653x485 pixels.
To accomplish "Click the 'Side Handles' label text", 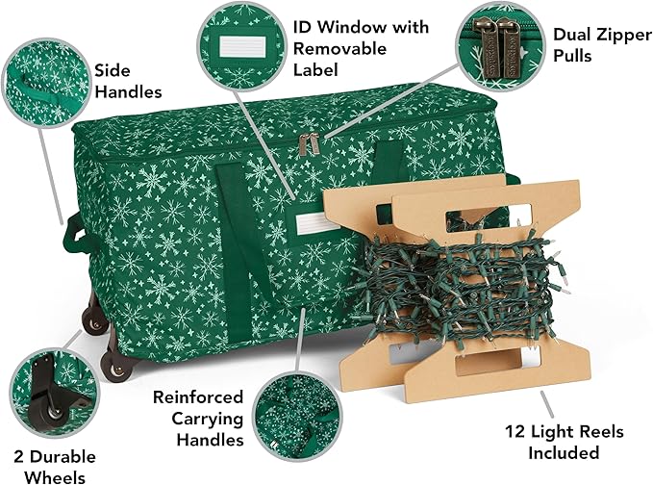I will point(128,80).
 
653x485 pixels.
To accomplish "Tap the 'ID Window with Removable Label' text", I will point(360,48).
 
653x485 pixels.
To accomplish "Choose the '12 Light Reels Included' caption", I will point(552,442).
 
